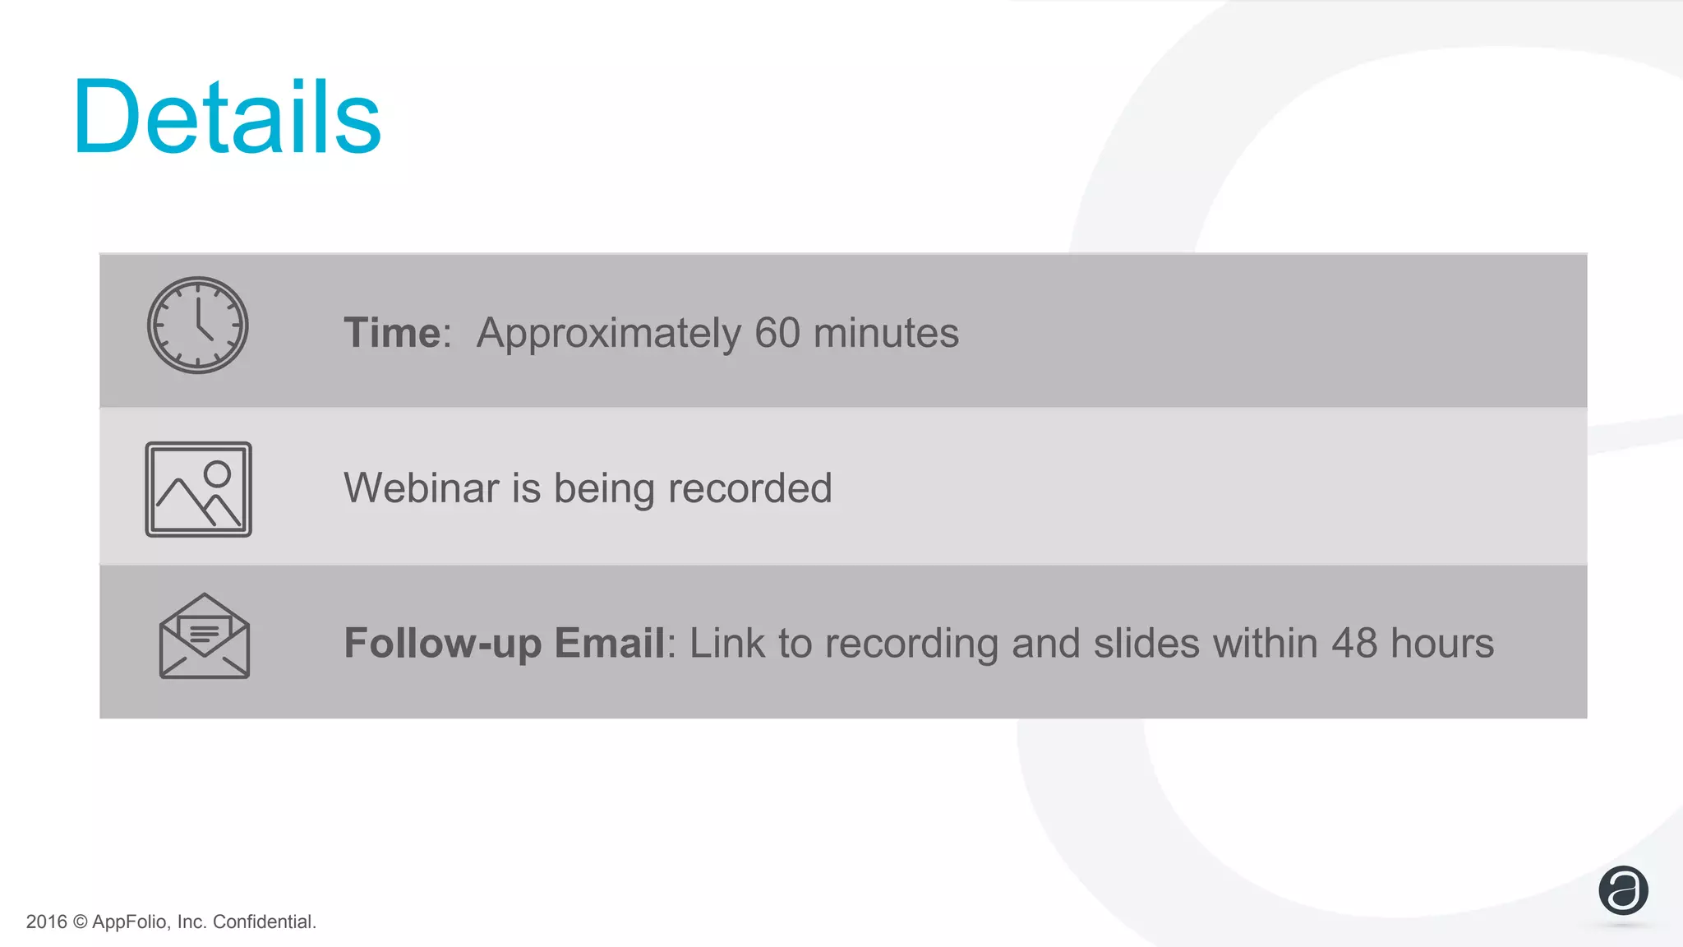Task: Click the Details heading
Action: click(227, 117)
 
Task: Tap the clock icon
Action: click(197, 326)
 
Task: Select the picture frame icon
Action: click(198, 489)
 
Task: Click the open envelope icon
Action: click(204, 637)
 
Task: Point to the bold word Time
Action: click(392, 333)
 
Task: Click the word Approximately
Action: click(608, 333)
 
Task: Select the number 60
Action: click(777, 333)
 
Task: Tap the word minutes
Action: click(886, 333)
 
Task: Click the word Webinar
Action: click(421, 487)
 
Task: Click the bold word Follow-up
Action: click(442, 643)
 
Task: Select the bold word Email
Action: click(609, 643)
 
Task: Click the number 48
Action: click(1353, 643)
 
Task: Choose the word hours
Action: click(1441, 643)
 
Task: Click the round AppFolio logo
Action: click(1623, 890)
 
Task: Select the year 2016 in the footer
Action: click(46, 922)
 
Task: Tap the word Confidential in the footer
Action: click(264, 922)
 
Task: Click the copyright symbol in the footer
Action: click(80, 922)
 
